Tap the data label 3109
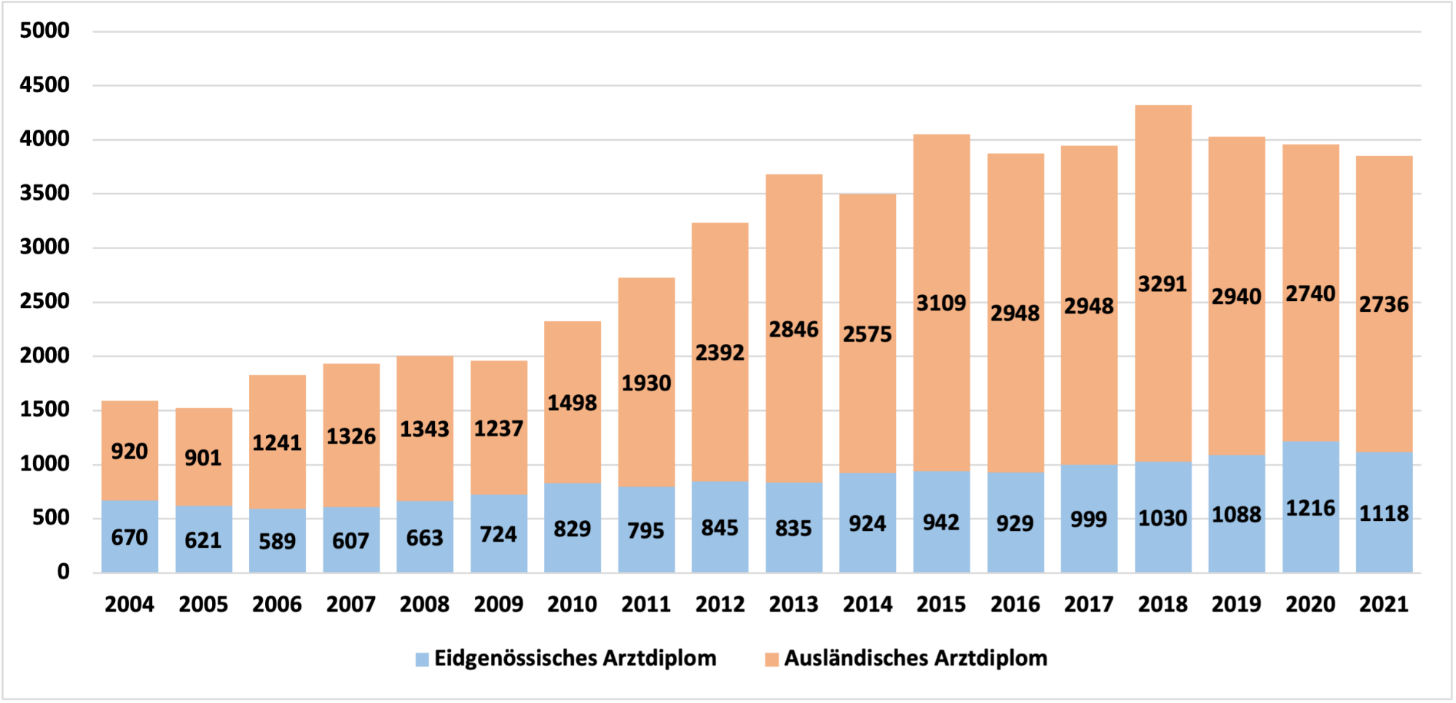point(941,303)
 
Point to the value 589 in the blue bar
point(277,541)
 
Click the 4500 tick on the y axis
point(45,85)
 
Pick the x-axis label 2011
point(646,604)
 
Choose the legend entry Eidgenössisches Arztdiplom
point(575,659)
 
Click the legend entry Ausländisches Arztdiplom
point(915,659)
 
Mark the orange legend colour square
point(771,659)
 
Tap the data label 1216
point(1310,508)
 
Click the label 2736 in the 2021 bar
point(1383,304)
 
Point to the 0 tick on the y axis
point(63,572)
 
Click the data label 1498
point(572,403)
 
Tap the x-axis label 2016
point(1015,604)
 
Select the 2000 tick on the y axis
point(45,356)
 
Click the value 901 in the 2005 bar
point(202,457)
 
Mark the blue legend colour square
point(422,659)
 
